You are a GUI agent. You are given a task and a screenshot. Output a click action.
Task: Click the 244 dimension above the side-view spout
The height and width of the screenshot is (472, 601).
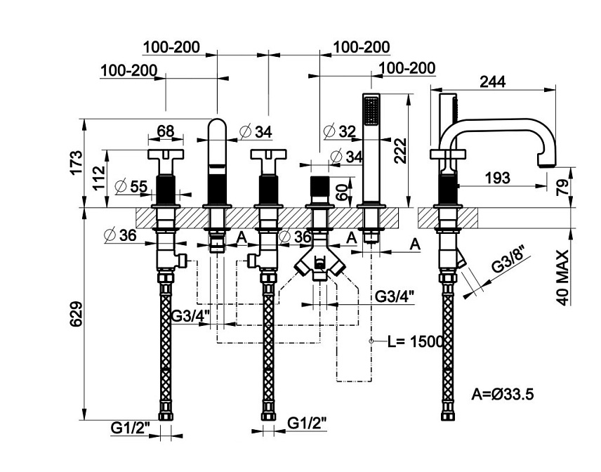pyautogui.click(x=493, y=81)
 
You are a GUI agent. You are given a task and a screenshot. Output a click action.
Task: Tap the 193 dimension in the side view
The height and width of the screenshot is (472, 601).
pyautogui.click(x=498, y=178)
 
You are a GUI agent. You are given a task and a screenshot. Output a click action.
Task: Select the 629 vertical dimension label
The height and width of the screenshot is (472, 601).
pyautogui.click(x=77, y=314)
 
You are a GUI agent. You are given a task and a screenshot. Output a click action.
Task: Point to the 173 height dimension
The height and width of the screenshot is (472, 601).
pyautogui.click(x=76, y=162)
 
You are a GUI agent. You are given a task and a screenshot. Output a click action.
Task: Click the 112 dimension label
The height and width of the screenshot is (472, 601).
pyautogui.click(x=98, y=178)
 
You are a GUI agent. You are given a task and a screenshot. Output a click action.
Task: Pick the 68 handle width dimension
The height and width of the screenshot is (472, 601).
pyautogui.click(x=166, y=131)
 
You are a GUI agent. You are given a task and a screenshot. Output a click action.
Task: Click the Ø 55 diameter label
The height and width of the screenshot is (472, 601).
pyautogui.click(x=131, y=186)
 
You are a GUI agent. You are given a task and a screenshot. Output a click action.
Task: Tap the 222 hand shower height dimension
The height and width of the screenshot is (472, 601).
pyautogui.click(x=400, y=151)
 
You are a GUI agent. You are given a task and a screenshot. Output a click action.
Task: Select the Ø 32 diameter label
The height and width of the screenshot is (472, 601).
pyautogui.click(x=340, y=131)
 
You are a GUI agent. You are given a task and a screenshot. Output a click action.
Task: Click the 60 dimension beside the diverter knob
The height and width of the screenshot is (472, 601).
pyautogui.click(x=343, y=192)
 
